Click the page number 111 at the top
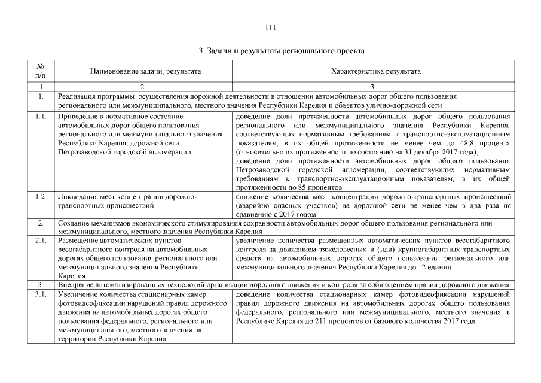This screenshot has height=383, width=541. tap(270, 27)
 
